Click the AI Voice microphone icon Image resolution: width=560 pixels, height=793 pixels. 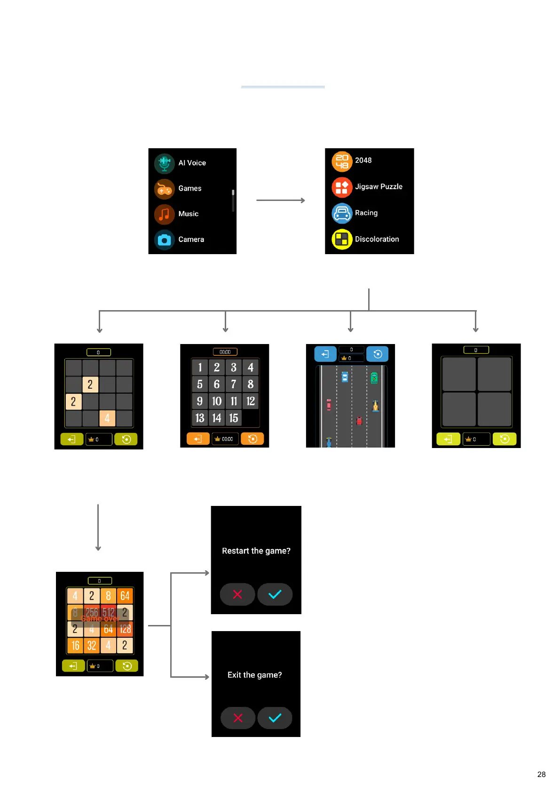click(164, 163)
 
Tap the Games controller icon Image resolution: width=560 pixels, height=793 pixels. click(164, 189)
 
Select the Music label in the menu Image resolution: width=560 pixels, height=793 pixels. click(189, 214)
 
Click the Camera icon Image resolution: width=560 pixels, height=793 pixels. click(164, 240)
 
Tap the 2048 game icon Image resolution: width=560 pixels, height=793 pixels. click(342, 161)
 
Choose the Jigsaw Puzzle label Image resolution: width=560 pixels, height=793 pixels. click(379, 187)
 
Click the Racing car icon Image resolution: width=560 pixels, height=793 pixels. click(342, 213)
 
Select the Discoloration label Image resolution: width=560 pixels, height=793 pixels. click(377, 239)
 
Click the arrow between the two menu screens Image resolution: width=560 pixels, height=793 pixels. click(280, 200)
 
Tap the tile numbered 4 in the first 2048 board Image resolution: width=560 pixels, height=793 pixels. click(107, 418)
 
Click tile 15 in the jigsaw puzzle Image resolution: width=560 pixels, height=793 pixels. click(234, 418)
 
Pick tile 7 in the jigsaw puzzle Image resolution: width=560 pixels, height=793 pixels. click(234, 384)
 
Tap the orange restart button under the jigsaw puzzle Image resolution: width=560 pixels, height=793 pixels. click(252, 439)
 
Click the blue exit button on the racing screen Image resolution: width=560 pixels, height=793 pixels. click(325, 354)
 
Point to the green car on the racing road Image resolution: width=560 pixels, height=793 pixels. click(374, 378)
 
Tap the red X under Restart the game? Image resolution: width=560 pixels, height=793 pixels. click(237, 594)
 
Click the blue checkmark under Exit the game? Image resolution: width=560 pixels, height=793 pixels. click(275, 718)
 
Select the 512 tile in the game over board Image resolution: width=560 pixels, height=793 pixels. click(108, 612)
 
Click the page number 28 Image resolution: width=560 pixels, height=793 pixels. click(541, 774)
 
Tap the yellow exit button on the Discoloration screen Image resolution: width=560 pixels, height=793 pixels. click(448, 439)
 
